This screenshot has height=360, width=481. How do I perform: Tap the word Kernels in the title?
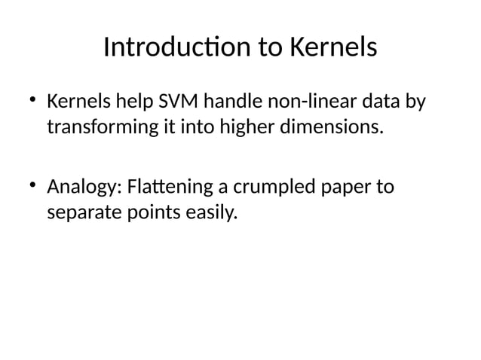[332, 48]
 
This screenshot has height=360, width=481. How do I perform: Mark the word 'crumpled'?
[265, 187]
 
